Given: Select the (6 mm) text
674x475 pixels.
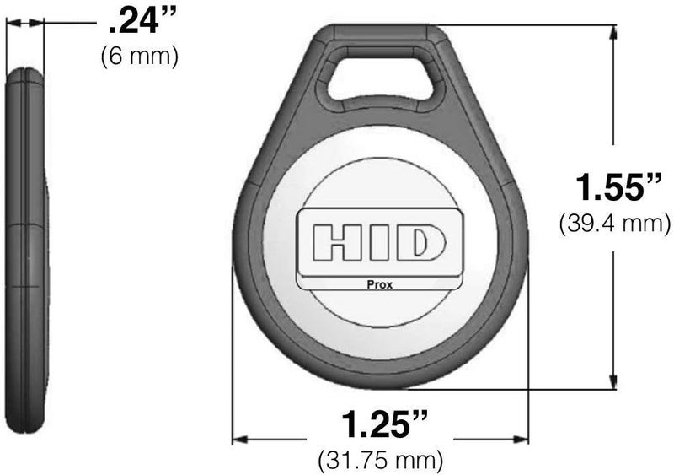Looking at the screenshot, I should tap(139, 57).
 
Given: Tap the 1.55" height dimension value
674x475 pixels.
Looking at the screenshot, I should tap(614, 187).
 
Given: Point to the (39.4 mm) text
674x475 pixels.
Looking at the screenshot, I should tap(614, 224).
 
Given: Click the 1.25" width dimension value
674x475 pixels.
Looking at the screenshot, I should tap(380, 424).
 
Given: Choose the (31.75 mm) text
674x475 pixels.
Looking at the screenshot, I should tap(380, 461).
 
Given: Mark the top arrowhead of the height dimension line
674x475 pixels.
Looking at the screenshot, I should tap(612, 30).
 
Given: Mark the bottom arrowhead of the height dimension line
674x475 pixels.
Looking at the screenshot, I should tap(612, 382).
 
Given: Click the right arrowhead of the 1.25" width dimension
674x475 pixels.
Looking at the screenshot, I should tap(522, 439).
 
